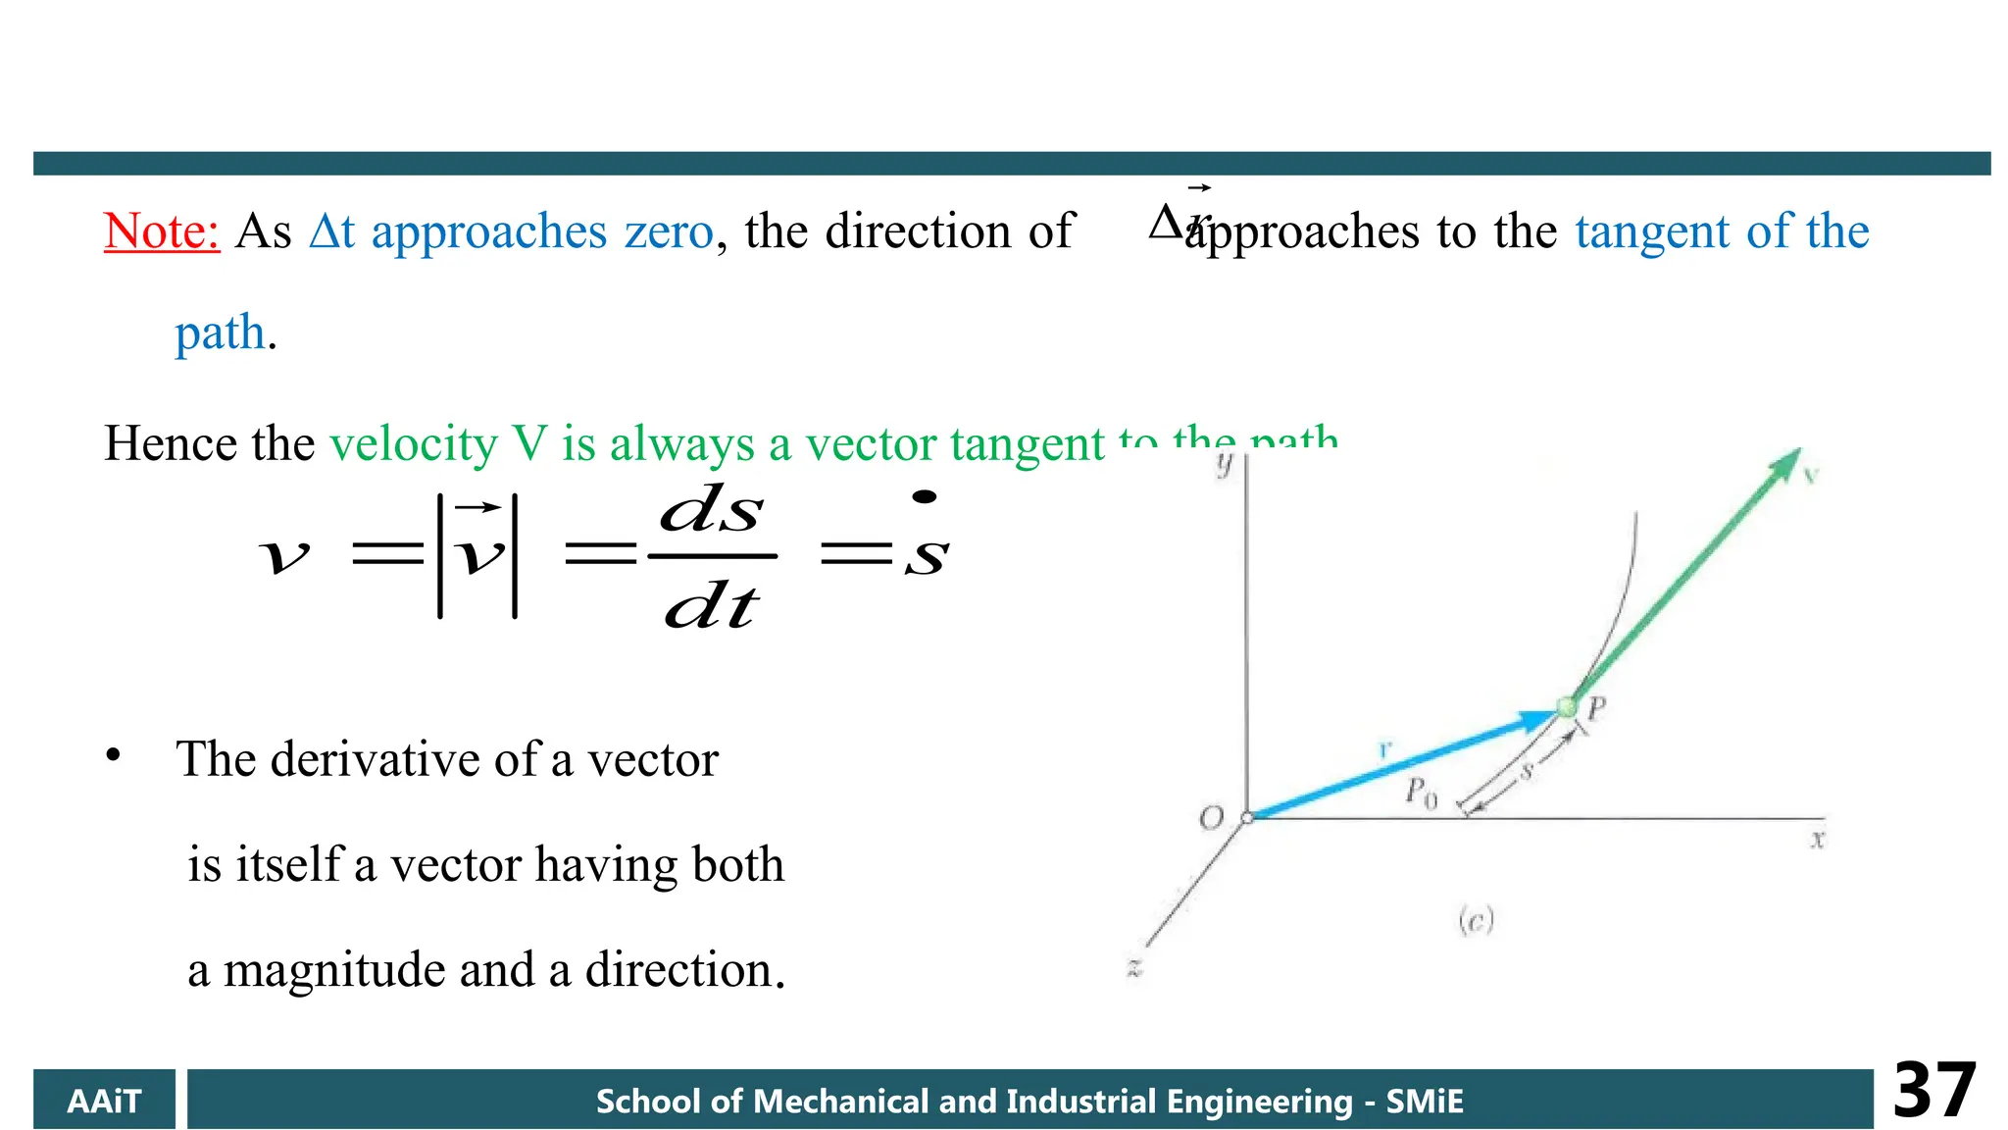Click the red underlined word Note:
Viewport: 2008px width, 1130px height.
162,232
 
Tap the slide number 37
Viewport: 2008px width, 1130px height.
1933,1091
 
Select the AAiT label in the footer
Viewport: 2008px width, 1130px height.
104,1102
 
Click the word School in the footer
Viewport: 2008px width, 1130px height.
648,1102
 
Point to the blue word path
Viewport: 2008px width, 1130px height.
221,334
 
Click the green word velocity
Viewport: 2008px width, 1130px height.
414,444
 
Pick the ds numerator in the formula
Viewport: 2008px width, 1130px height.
711,510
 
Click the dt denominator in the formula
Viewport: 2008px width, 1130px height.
711,606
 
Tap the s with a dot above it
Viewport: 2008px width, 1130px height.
926,549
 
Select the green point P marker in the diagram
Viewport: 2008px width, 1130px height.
1566,706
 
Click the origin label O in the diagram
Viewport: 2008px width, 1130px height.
1212,818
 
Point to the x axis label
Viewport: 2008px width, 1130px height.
1817,840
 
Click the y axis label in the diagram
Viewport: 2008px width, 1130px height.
1224,464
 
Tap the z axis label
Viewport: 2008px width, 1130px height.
1133,968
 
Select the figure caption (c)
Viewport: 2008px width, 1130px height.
1475,920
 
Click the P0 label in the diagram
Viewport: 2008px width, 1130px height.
1421,792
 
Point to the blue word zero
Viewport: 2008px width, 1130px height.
669,232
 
